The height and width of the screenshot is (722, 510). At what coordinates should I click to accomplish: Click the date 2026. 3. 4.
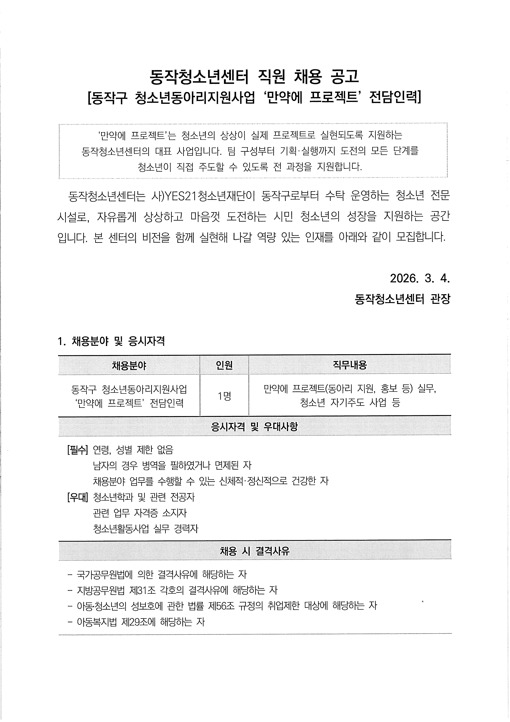(x=420, y=279)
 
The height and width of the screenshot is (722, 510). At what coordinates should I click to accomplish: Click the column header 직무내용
(x=350, y=365)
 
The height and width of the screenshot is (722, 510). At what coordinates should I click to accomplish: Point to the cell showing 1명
(x=224, y=396)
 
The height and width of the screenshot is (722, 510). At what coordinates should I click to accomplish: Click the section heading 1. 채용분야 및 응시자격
(x=111, y=341)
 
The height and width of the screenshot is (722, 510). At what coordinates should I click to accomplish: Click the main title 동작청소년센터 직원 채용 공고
(x=254, y=76)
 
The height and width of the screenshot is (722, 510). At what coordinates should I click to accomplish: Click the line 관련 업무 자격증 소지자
(x=140, y=513)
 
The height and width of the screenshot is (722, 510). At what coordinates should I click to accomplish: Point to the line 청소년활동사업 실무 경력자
(x=146, y=529)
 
